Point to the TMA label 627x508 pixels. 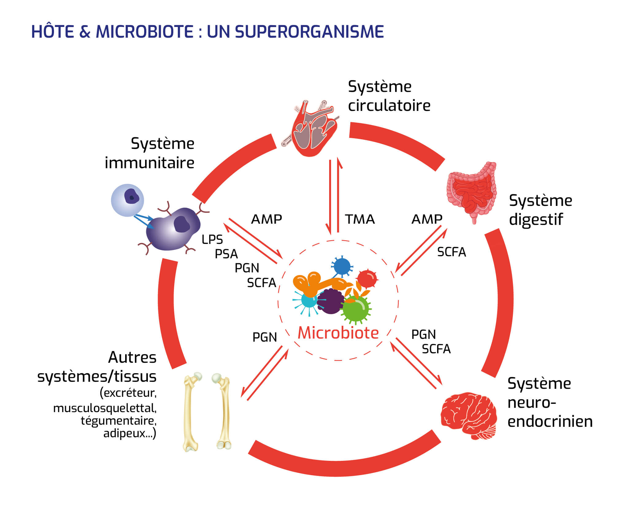360,219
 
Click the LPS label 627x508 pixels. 212,239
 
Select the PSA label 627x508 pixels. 226,254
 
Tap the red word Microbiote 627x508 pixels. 338,333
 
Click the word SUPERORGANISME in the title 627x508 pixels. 309,32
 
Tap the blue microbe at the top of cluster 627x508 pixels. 342,266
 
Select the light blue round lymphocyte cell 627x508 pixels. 127,200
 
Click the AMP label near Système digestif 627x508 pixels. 427,219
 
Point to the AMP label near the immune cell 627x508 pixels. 266,219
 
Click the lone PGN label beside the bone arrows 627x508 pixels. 264,337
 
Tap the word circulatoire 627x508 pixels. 389,106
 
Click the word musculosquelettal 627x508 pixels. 105,408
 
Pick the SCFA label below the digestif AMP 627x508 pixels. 451,252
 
